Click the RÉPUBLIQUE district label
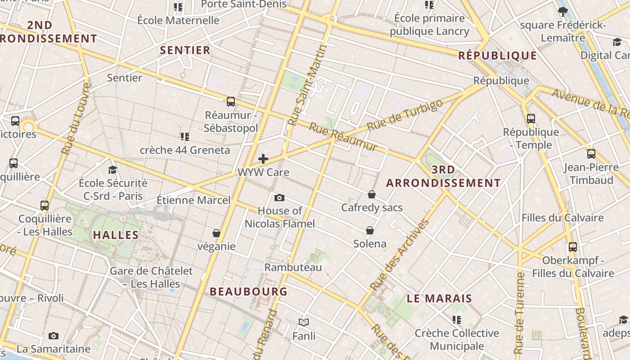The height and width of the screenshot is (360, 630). point(498,56)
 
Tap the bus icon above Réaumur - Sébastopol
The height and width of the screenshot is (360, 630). point(231,102)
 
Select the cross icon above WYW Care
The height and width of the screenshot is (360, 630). point(263,158)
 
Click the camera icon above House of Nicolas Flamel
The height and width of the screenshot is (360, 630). point(279,198)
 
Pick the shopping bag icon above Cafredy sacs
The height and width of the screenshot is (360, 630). point(372,194)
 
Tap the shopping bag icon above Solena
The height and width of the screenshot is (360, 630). point(370,230)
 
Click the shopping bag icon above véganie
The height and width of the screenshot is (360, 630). point(216,233)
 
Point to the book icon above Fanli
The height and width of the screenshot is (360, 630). point(304,322)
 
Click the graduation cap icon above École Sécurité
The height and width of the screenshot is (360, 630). point(112,170)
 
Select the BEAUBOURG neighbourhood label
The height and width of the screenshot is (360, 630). point(248,292)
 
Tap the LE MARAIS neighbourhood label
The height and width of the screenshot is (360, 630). point(439,298)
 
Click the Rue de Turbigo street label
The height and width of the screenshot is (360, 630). point(405,115)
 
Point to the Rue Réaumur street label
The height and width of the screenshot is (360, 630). point(343,137)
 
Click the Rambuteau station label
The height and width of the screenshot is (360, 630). point(293,267)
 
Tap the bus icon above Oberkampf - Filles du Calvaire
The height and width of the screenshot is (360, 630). point(572,247)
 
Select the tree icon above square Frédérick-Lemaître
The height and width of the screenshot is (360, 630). point(562,12)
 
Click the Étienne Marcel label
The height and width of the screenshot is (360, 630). point(193,200)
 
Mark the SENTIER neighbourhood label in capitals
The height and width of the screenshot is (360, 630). point(185,50)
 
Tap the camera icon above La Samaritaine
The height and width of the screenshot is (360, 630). point(54,336)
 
